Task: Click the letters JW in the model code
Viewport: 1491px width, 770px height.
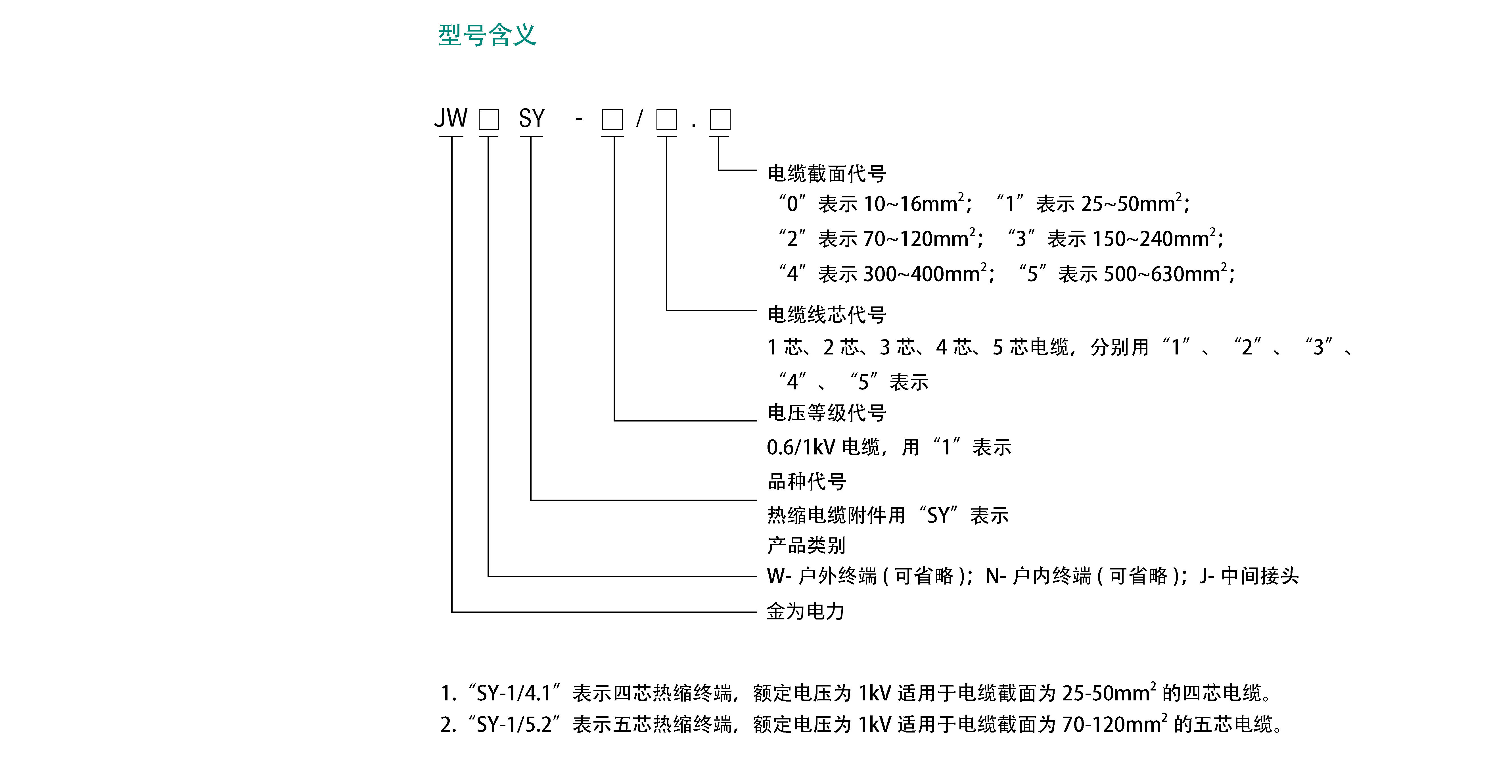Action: point(450,119)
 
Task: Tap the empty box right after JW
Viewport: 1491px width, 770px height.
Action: point(488,120)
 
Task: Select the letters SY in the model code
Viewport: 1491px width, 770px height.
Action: point(531,119)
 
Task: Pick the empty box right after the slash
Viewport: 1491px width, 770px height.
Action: point(666,120)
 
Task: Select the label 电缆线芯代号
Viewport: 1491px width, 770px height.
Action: point(827,314)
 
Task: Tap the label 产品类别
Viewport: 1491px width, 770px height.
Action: point(806,545)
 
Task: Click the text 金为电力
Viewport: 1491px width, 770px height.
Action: point(806,611)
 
